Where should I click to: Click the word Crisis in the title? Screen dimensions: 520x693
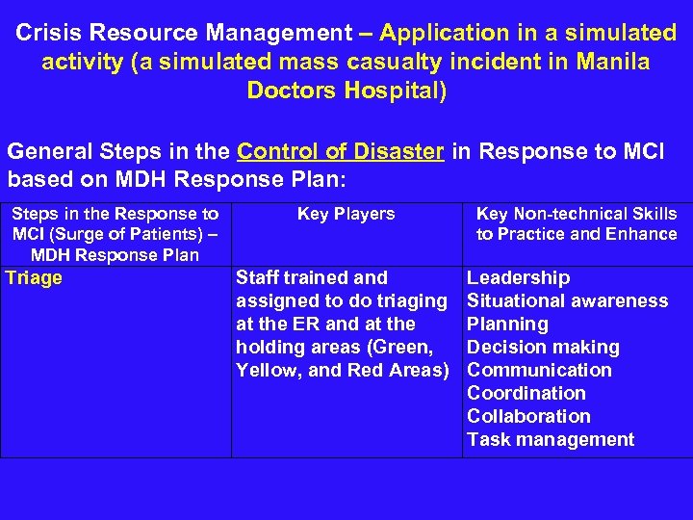click(x=46, y=33)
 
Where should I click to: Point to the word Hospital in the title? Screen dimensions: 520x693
click(x=398, y=91)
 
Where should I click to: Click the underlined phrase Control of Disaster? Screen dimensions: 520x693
click(x=341, y=152)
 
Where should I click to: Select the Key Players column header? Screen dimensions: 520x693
click(x=346, y=214)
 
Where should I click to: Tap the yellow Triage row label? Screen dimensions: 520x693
click(x=34, y=278)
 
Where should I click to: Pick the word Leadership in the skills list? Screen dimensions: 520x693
click(x=518, y=278)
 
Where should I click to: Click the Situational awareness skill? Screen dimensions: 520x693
click(x=567, y=301)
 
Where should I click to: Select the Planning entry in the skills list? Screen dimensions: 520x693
click(x=507, y=325)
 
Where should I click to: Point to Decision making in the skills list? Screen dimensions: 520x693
click(x=543, y=348)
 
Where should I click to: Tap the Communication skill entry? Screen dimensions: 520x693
click(x=539, y=371)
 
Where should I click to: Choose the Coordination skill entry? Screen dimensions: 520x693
click(x=526, y=394)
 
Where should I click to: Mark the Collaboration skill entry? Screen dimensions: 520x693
click(x=528, y=417)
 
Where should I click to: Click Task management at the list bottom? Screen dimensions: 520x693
click(x=551, y=440)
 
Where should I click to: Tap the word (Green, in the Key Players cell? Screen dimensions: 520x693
click(x=416, y=348)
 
